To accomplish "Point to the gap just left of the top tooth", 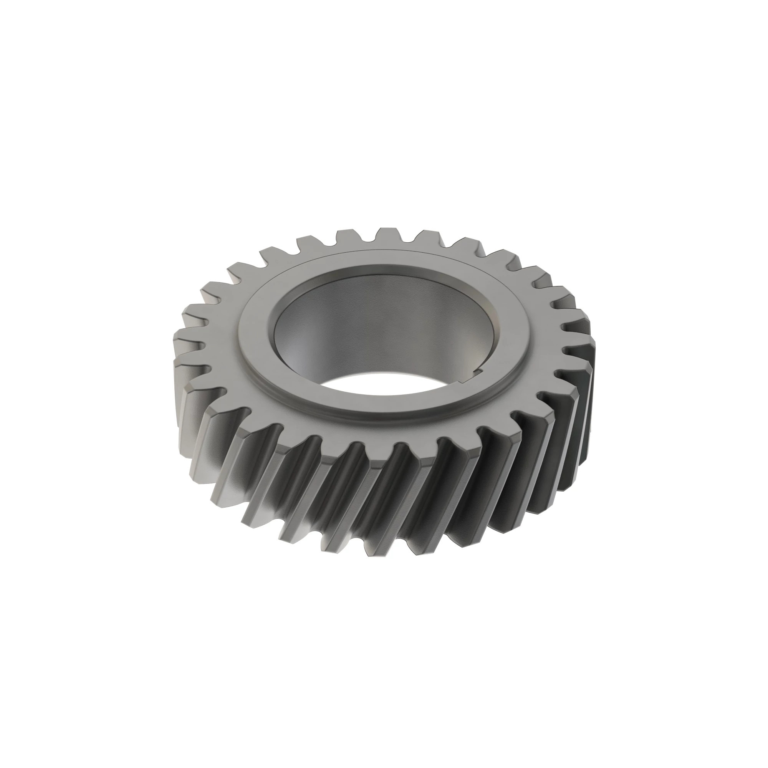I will pyautogui.click(x=368, y=240).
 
